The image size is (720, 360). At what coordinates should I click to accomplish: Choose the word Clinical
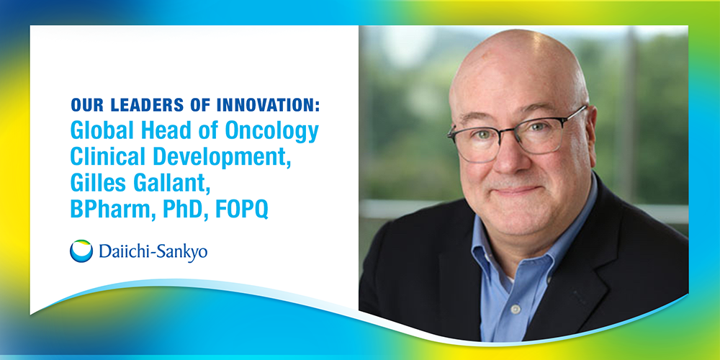109,156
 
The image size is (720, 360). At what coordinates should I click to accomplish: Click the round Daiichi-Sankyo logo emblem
81,251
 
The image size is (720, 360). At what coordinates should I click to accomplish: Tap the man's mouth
518,190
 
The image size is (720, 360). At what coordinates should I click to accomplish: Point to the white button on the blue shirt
516,310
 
